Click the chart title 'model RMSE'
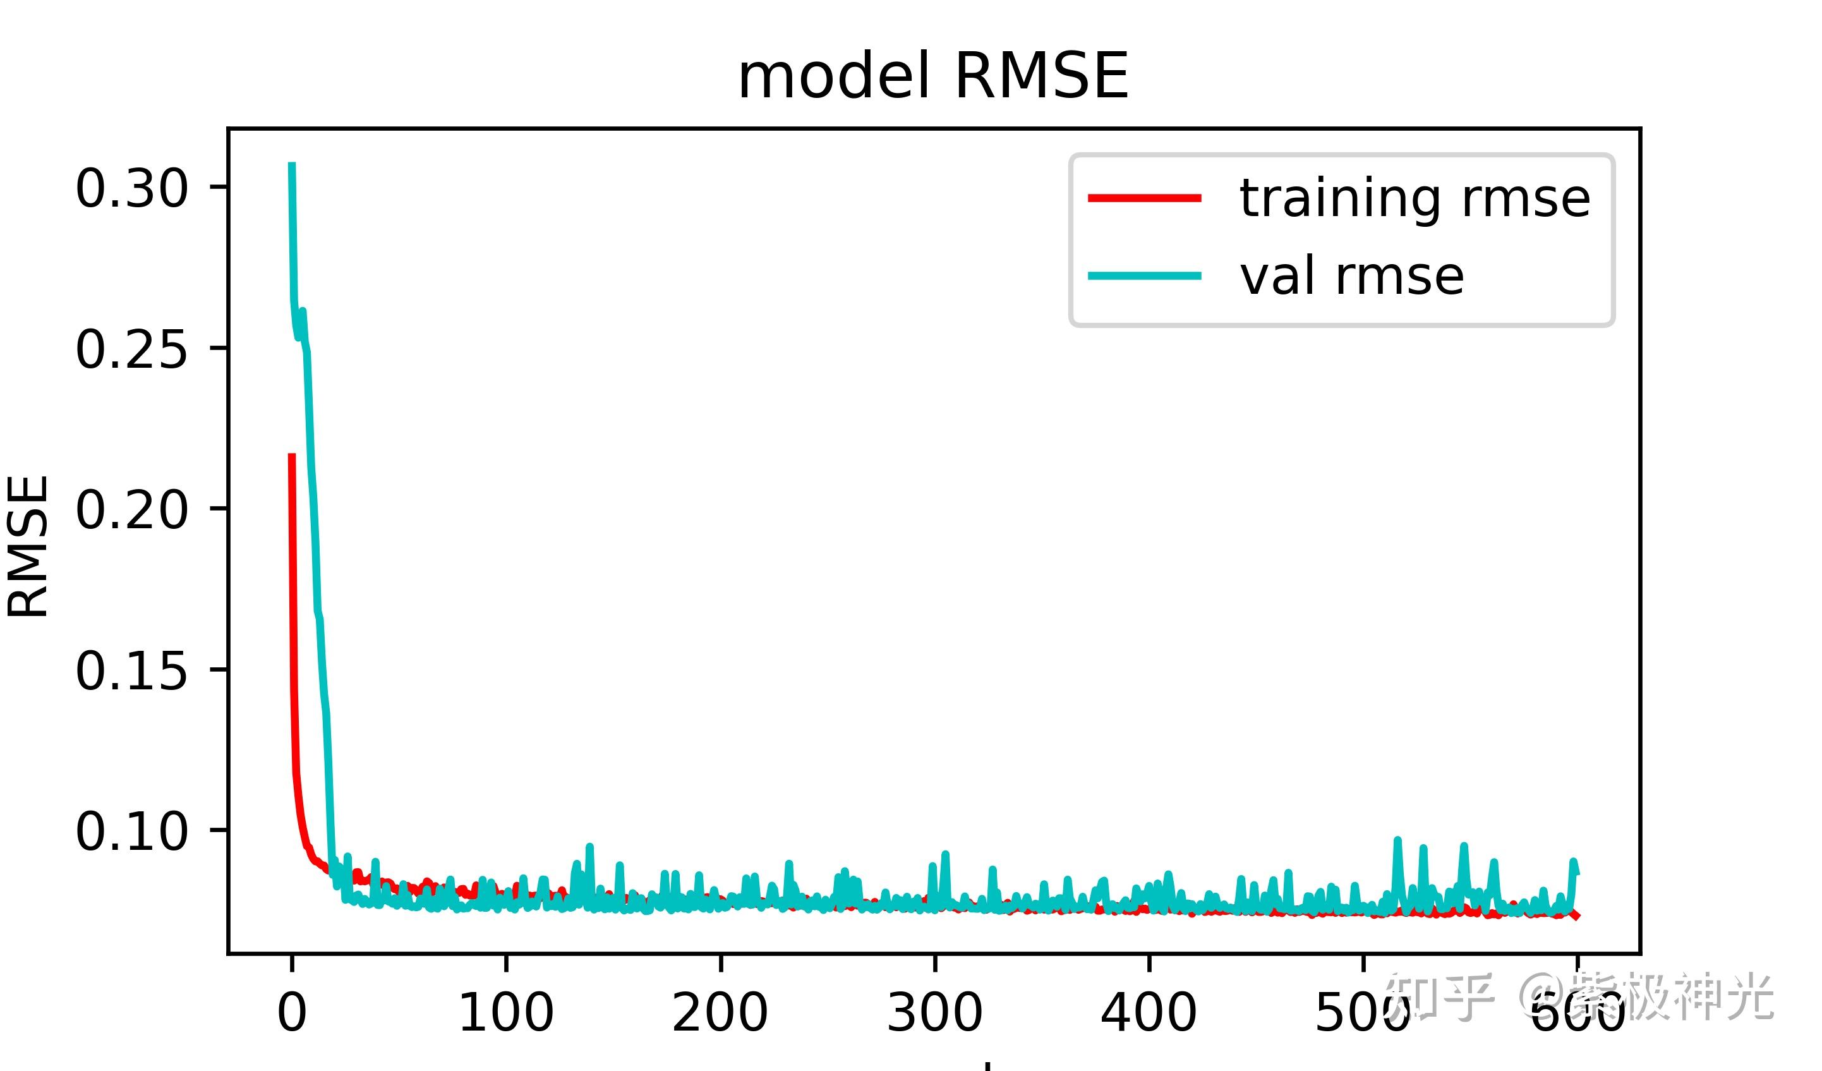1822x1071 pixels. [x=932, y=76]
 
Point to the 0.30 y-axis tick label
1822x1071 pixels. [x=131, y=190]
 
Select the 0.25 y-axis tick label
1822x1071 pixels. [x=131, y=350]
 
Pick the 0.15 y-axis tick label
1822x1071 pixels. [x=131, y=671]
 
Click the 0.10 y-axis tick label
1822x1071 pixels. [x=131, y=832]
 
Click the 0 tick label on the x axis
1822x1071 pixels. [x=292, y=1013]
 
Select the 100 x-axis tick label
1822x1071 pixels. [x=506, y=1013]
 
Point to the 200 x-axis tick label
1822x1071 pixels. [x=720, y=1013]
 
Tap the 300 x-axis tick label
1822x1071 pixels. [x=935, y=1013]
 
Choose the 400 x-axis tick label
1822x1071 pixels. [x=1149, y=1013]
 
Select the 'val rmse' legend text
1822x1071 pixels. [x=1352, y=276]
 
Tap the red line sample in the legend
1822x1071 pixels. [x=1145, y=197]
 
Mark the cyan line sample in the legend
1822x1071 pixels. [x=1145, y=275]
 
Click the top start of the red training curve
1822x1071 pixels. [x=292, y=456]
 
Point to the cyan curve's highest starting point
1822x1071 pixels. [x=292, y=165]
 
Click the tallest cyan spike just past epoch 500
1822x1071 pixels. [x=1397, y=840]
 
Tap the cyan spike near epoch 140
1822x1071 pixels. [x=590, y=847]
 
